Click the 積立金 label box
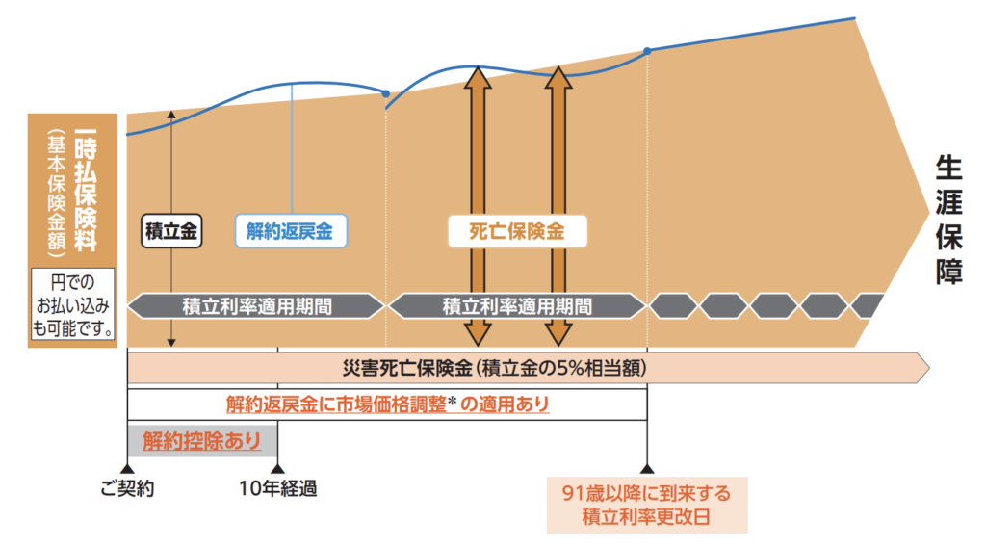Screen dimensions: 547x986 170,231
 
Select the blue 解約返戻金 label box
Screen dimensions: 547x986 291,231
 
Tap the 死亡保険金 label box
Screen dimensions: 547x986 516,231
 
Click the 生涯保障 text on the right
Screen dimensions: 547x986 948,221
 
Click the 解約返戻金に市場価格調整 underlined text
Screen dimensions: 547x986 387,404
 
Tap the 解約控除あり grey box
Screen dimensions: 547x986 201,441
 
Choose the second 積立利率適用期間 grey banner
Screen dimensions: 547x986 516,306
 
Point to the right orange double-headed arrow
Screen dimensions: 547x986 558,202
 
